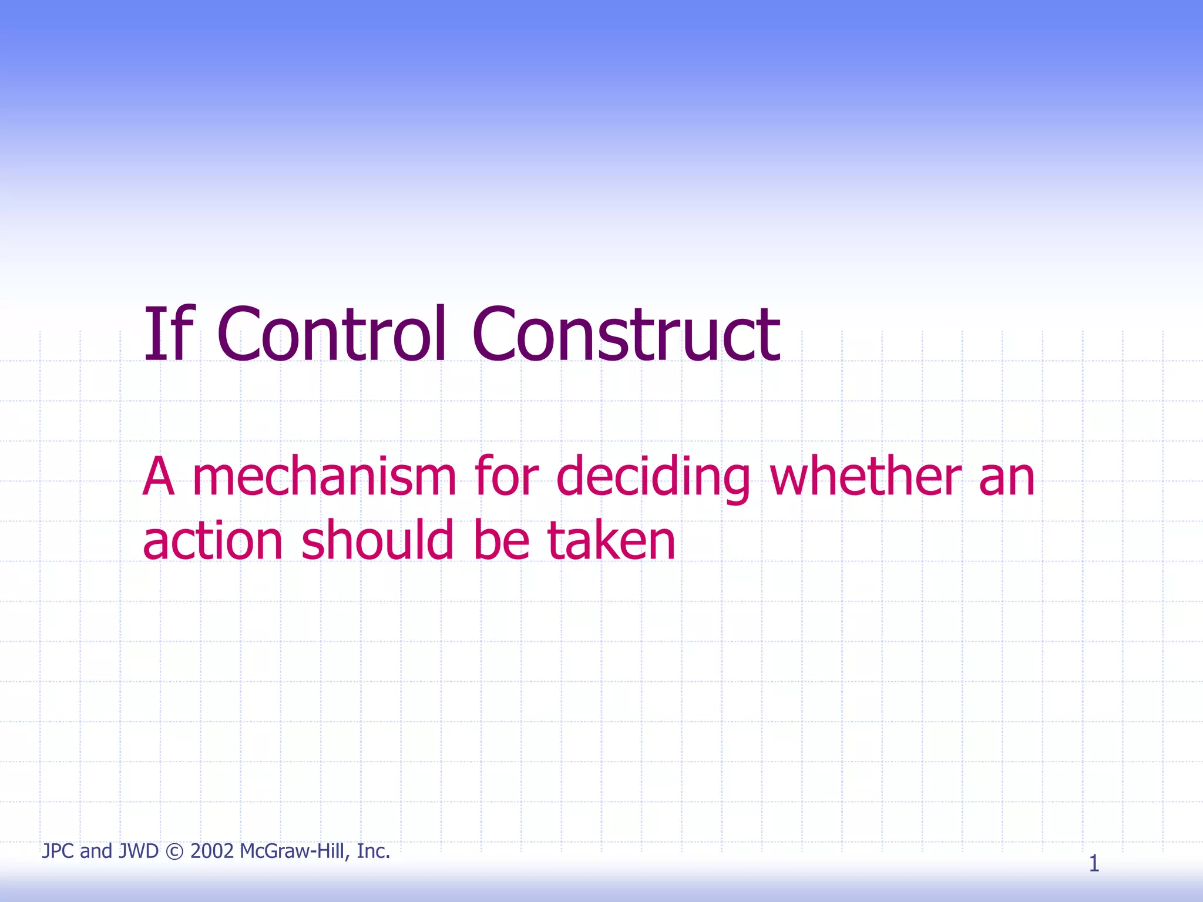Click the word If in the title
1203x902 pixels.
coord(167,335)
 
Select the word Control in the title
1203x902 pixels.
coord(332,335)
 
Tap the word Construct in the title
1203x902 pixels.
coord(626,335)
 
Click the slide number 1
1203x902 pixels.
coord(1094,863)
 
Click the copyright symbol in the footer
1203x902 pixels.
coord(174,851)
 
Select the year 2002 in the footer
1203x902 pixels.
coord(212,851)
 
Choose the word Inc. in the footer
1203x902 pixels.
coord(374,851)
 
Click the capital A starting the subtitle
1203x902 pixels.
coord(159,477)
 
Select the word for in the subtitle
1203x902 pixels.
coord(506,477)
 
